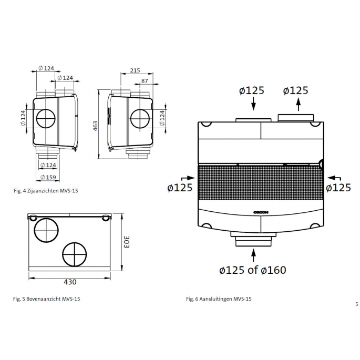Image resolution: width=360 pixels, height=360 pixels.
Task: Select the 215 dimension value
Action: click(135, 70)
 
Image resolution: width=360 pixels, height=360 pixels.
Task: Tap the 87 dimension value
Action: click(145, 80)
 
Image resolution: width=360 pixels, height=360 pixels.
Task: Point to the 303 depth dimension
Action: click(126, 243)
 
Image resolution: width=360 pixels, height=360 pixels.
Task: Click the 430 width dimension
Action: click(70, 282)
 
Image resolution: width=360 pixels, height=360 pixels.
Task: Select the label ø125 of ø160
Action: click(253, 270)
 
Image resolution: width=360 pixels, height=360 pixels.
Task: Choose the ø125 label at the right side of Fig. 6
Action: click(338, 187)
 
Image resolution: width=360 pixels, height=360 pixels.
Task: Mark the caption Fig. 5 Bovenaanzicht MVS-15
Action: click(47, 299)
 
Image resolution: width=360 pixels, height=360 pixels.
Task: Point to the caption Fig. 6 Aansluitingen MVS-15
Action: click(219, 299)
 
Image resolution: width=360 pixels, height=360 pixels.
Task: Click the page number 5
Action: click(356, 303)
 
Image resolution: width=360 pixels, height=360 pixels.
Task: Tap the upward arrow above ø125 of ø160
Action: click(254, 254)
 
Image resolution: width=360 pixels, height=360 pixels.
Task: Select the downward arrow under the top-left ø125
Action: click(254, 105)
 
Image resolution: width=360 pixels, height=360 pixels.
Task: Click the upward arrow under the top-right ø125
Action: click(298, 105)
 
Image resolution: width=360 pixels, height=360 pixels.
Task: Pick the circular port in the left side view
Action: click(46, 119)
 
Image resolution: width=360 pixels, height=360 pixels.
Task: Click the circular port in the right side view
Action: click(140, 119)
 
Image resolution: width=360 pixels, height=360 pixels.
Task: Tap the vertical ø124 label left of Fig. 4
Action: click(23, 118)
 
